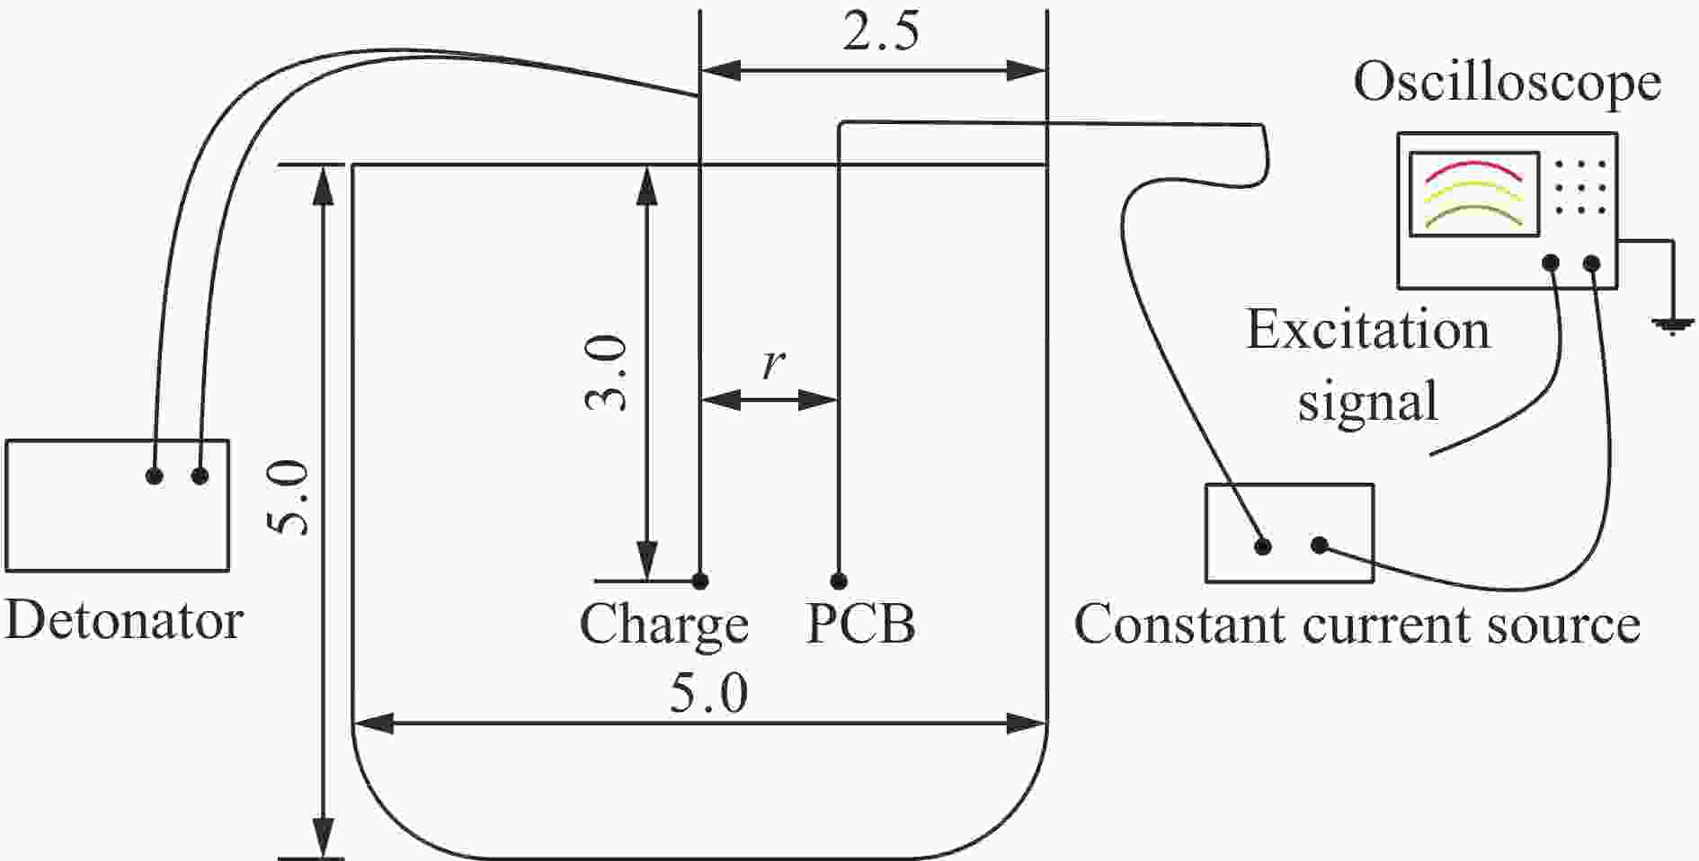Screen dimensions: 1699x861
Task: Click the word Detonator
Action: [124, 620]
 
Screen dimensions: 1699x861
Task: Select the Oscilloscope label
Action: [1507, 82]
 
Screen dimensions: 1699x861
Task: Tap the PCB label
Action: [861, 624]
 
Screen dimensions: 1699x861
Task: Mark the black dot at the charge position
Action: [700, 581]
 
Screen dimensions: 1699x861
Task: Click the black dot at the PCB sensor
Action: [839, 581]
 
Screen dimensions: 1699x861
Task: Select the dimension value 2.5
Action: [881, 33]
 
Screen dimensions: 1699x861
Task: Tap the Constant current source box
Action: [1289, 533]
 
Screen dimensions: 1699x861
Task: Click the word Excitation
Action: [1368, 330]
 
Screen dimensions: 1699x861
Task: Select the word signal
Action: [1367, 401]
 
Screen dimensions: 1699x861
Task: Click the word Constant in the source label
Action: [1179, 624]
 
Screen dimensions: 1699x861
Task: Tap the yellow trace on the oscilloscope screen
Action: [1473, 191]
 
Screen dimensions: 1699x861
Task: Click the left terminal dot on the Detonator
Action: [155, 475]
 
